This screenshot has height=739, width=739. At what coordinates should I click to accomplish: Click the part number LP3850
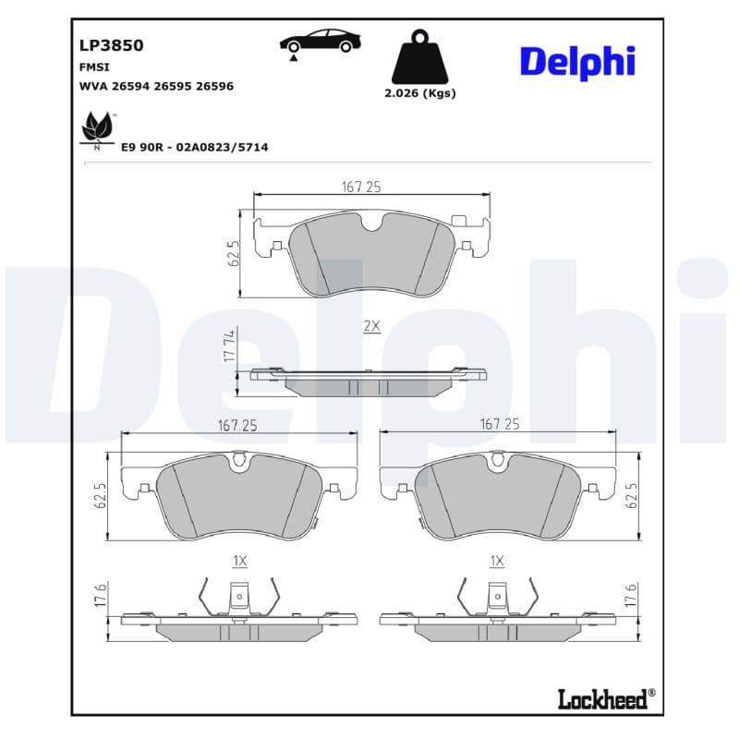(x=112, y=45)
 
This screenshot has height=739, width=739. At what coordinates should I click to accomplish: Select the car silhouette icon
(x=320, y=42)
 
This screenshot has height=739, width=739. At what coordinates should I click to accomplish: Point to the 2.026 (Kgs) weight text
(x=419, y=93)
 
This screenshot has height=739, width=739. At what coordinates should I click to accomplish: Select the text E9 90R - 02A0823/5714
(x=194, y=147)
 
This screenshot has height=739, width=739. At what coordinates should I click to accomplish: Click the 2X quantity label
(x=371, y=326)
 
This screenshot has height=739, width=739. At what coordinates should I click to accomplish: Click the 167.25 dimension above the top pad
(x=361, y=187)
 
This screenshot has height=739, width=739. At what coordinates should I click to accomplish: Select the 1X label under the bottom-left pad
(x=239, y=560)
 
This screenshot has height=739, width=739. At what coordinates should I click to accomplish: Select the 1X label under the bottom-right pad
(x=497, y=560)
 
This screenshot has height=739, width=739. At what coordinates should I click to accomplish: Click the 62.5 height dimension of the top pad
(x=234, y=253)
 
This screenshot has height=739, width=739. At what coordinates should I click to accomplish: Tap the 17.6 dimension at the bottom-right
(x=632, y=596)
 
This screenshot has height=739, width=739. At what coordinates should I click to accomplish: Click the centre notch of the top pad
(x=373, y=223)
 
